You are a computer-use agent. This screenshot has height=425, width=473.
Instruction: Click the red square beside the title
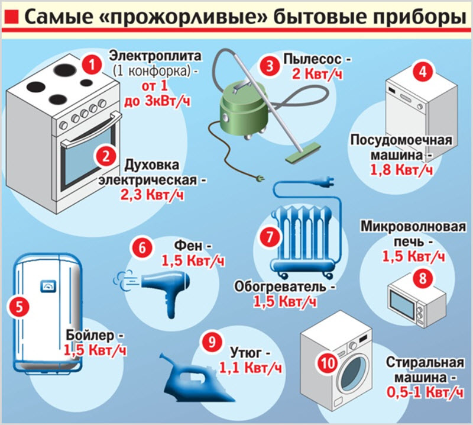point(11,17)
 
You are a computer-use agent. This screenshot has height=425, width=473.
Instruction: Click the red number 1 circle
point(92,65)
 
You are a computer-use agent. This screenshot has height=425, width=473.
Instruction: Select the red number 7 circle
point(270,236)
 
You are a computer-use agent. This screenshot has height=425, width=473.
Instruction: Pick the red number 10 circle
point(328,362)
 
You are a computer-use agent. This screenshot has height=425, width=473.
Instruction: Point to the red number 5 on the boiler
point(19,307)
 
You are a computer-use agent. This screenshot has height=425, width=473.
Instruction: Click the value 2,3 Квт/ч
point(152,195)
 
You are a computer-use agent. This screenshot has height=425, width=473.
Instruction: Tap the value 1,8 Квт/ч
point(401,170)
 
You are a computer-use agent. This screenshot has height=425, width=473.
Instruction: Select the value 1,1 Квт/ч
point(250,368)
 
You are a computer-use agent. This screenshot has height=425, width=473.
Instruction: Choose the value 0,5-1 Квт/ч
point(425,392)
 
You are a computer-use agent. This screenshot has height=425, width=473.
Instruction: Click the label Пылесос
point(312,59)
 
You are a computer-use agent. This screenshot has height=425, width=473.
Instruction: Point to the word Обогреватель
point(280,286)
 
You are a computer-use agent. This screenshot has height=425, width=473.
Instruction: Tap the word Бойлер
point(90,335)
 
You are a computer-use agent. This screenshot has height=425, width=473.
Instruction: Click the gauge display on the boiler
point(48,286)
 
